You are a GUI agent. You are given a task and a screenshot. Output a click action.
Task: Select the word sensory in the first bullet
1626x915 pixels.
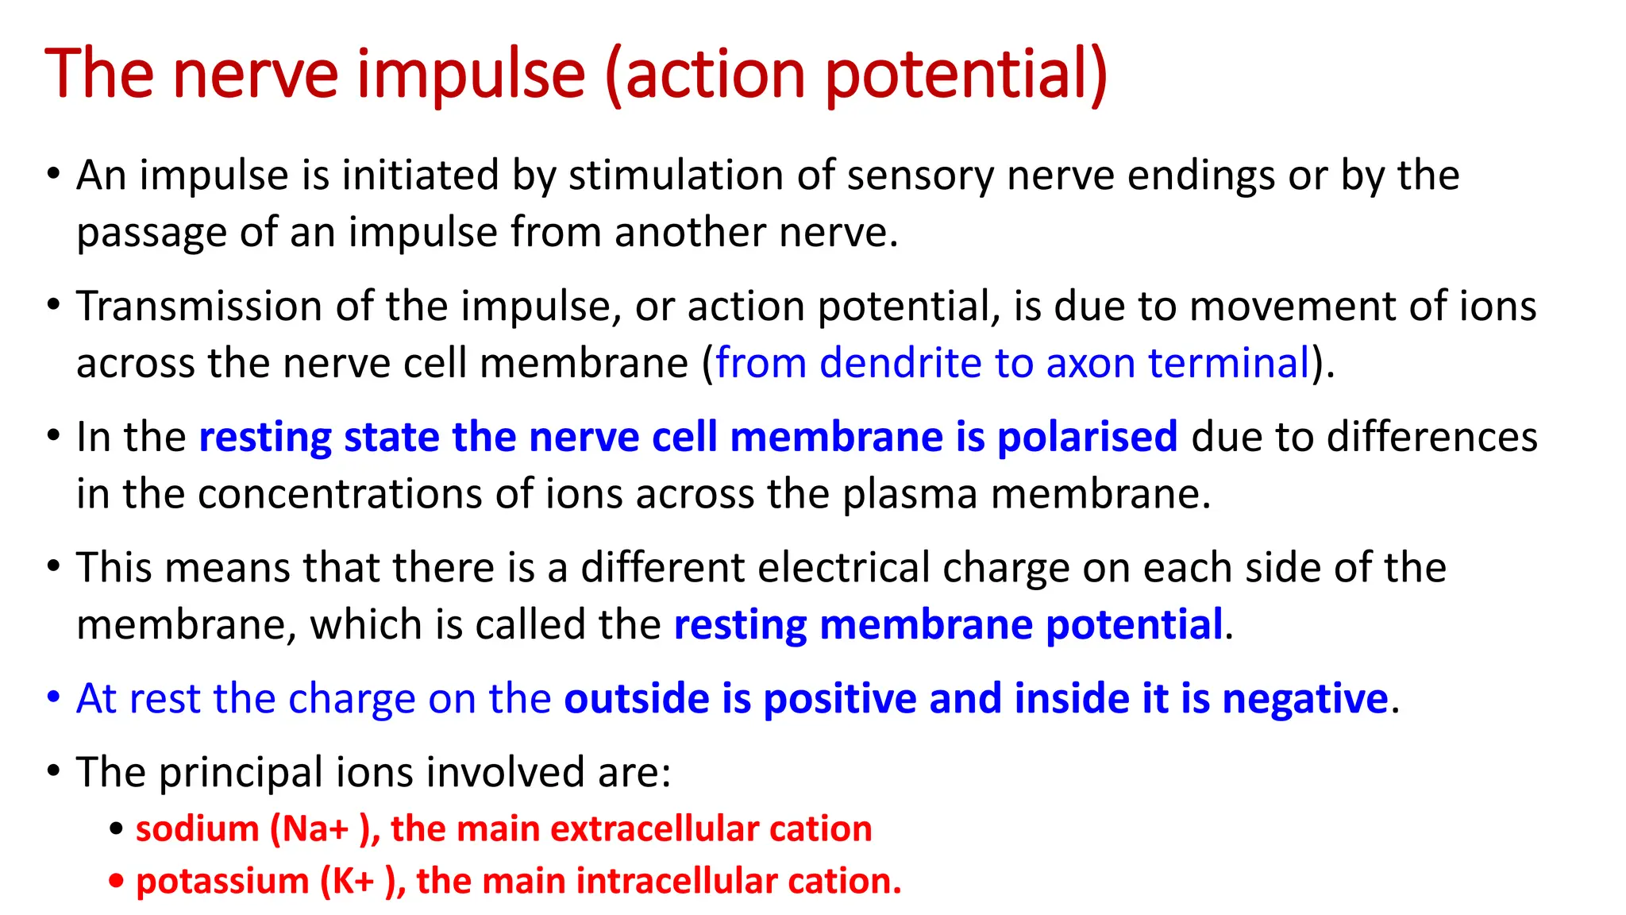tap(920, 177)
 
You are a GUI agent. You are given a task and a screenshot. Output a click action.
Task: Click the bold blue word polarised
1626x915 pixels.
tap(1087, 438)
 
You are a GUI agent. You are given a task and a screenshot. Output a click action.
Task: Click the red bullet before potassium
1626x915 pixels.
tap(117, 881)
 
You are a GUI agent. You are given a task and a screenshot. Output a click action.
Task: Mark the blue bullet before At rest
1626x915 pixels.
tap(53, 698)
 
